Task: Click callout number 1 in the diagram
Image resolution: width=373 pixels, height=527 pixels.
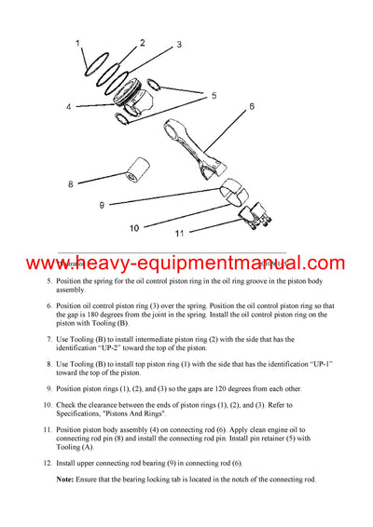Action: point(78,41)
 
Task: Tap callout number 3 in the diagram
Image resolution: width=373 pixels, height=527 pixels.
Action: point(179,44)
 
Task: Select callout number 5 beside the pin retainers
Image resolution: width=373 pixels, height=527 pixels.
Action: point(214,95)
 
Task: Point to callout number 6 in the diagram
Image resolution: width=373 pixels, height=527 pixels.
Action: point(251,107)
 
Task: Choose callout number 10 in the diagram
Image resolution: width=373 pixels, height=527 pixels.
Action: point(134,227)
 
